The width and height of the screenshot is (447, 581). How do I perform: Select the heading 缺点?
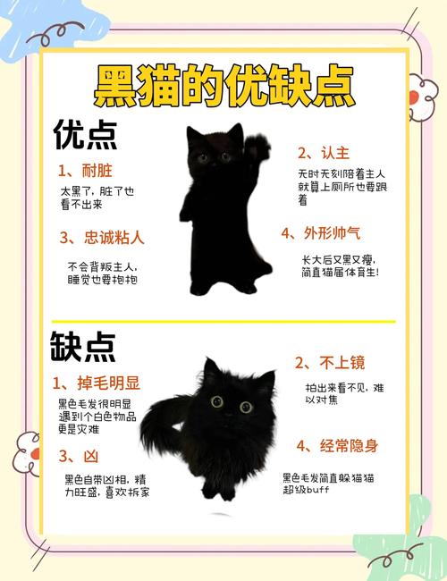(x=83, y=348)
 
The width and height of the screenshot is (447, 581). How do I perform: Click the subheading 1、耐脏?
(x=86, y=170)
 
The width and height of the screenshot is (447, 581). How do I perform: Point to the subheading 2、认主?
(x=325, y=152)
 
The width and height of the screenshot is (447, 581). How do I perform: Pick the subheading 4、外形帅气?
(x=321, y=233)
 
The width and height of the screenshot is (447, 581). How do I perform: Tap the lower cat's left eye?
(x=217, y=402)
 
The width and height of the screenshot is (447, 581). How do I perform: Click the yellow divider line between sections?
(x=223, y=321)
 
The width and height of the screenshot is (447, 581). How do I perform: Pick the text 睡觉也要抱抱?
(x=102, y=279)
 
